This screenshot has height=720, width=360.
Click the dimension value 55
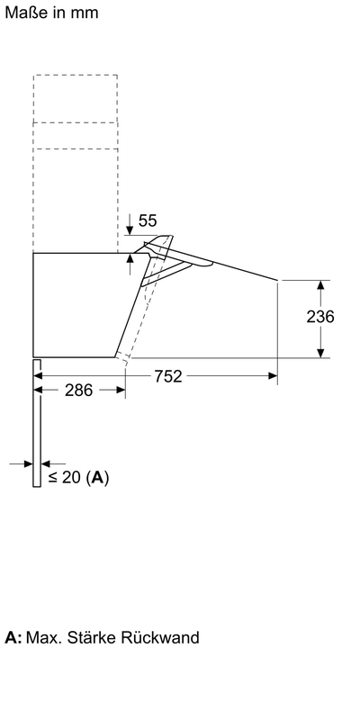pos(148,220)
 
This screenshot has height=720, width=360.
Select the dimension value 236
pos(320,317)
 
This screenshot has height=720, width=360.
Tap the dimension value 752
pos(168,376)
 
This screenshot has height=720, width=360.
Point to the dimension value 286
pos(79,391)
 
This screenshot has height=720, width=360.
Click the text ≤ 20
pos(66,477)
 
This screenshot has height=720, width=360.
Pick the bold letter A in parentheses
pos(97,478)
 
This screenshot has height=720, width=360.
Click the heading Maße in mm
pos(51,13)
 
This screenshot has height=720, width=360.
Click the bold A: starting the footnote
pos(13,638)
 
